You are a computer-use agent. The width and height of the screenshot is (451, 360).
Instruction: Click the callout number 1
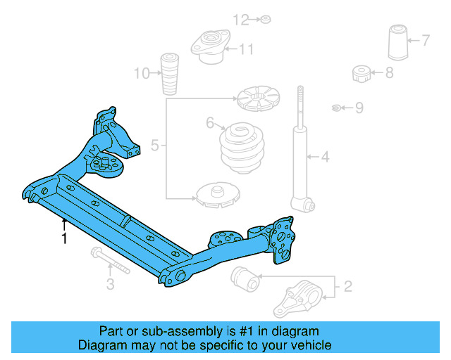pyautogui.click(x=64, y=239)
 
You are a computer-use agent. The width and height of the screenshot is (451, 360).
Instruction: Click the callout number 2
pyautogui.click(x=347, y=286)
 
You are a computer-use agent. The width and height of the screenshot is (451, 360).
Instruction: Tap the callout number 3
pyautogui.click(x=110, y=284)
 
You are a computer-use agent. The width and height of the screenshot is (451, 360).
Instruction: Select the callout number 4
pyautogui.click(x=325, y=156)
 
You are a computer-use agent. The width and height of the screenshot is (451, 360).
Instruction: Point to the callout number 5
pyautogui.click(x=155, y=146)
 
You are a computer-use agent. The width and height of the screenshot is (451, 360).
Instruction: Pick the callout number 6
pyautogui.click(x=210, y=124)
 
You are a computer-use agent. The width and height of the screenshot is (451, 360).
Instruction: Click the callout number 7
pyautogui.click(x=425, y=40)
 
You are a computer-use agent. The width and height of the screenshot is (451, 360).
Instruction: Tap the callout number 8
pyautogui.click(x=390, y=72)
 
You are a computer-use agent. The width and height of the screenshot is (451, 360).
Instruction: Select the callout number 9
pyautogui.click(x=359, y=108)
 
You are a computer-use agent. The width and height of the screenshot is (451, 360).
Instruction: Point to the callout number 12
pyautogui.click(x=242, y=20)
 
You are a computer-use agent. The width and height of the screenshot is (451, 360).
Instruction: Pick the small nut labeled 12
pyautogui.click(x=265, y=19)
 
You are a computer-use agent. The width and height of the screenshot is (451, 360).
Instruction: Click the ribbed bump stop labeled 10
pyautogui.click(x=169, y=72)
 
